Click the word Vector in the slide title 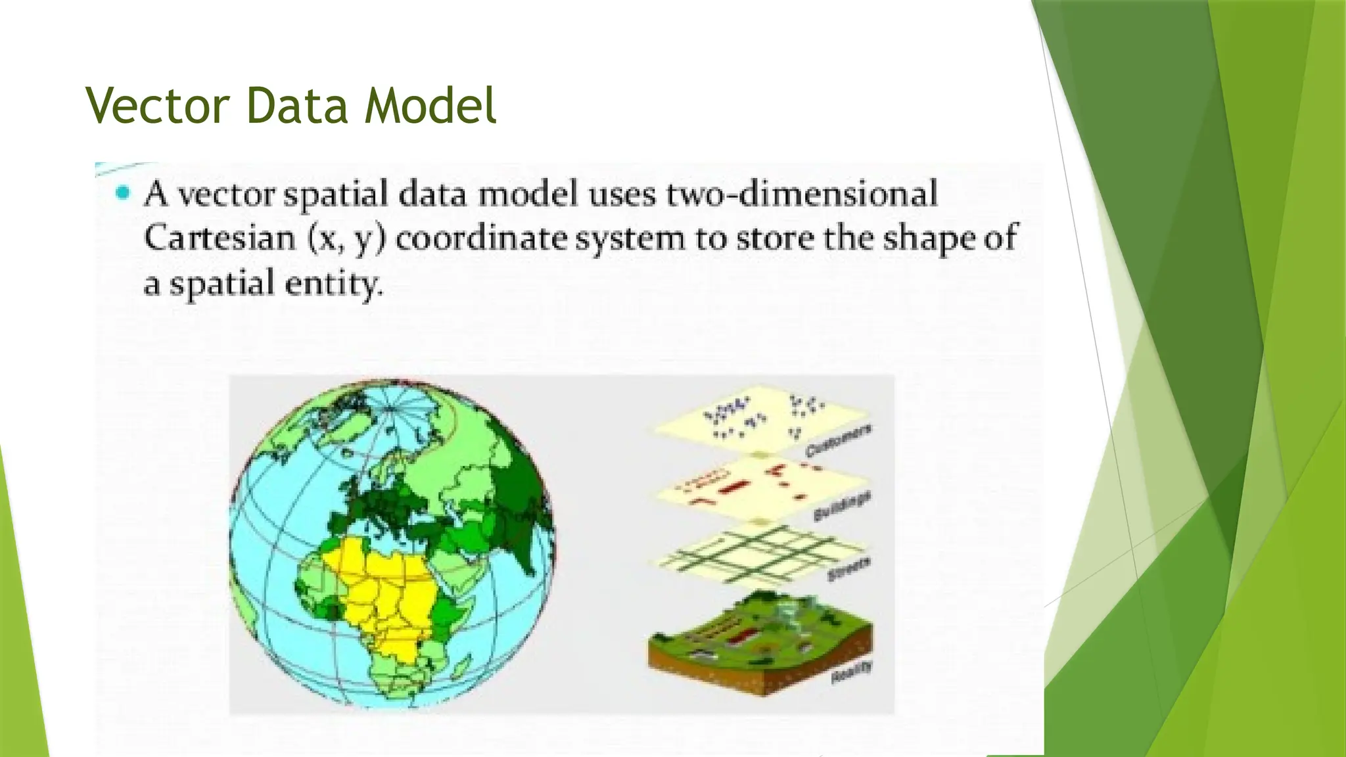click(x=157, y=106)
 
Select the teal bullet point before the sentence click(x=122, y=193)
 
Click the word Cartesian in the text click(x=220, y=238)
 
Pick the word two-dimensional click(x=802, y=195)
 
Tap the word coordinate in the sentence click(x=482, y=239)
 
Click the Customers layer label click(x=839, y=441)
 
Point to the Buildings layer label click(x=843, y=506)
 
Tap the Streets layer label click(x=849, y=569)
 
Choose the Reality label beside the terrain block click(x=852, y=672)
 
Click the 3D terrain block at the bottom click(x=756, y=641)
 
